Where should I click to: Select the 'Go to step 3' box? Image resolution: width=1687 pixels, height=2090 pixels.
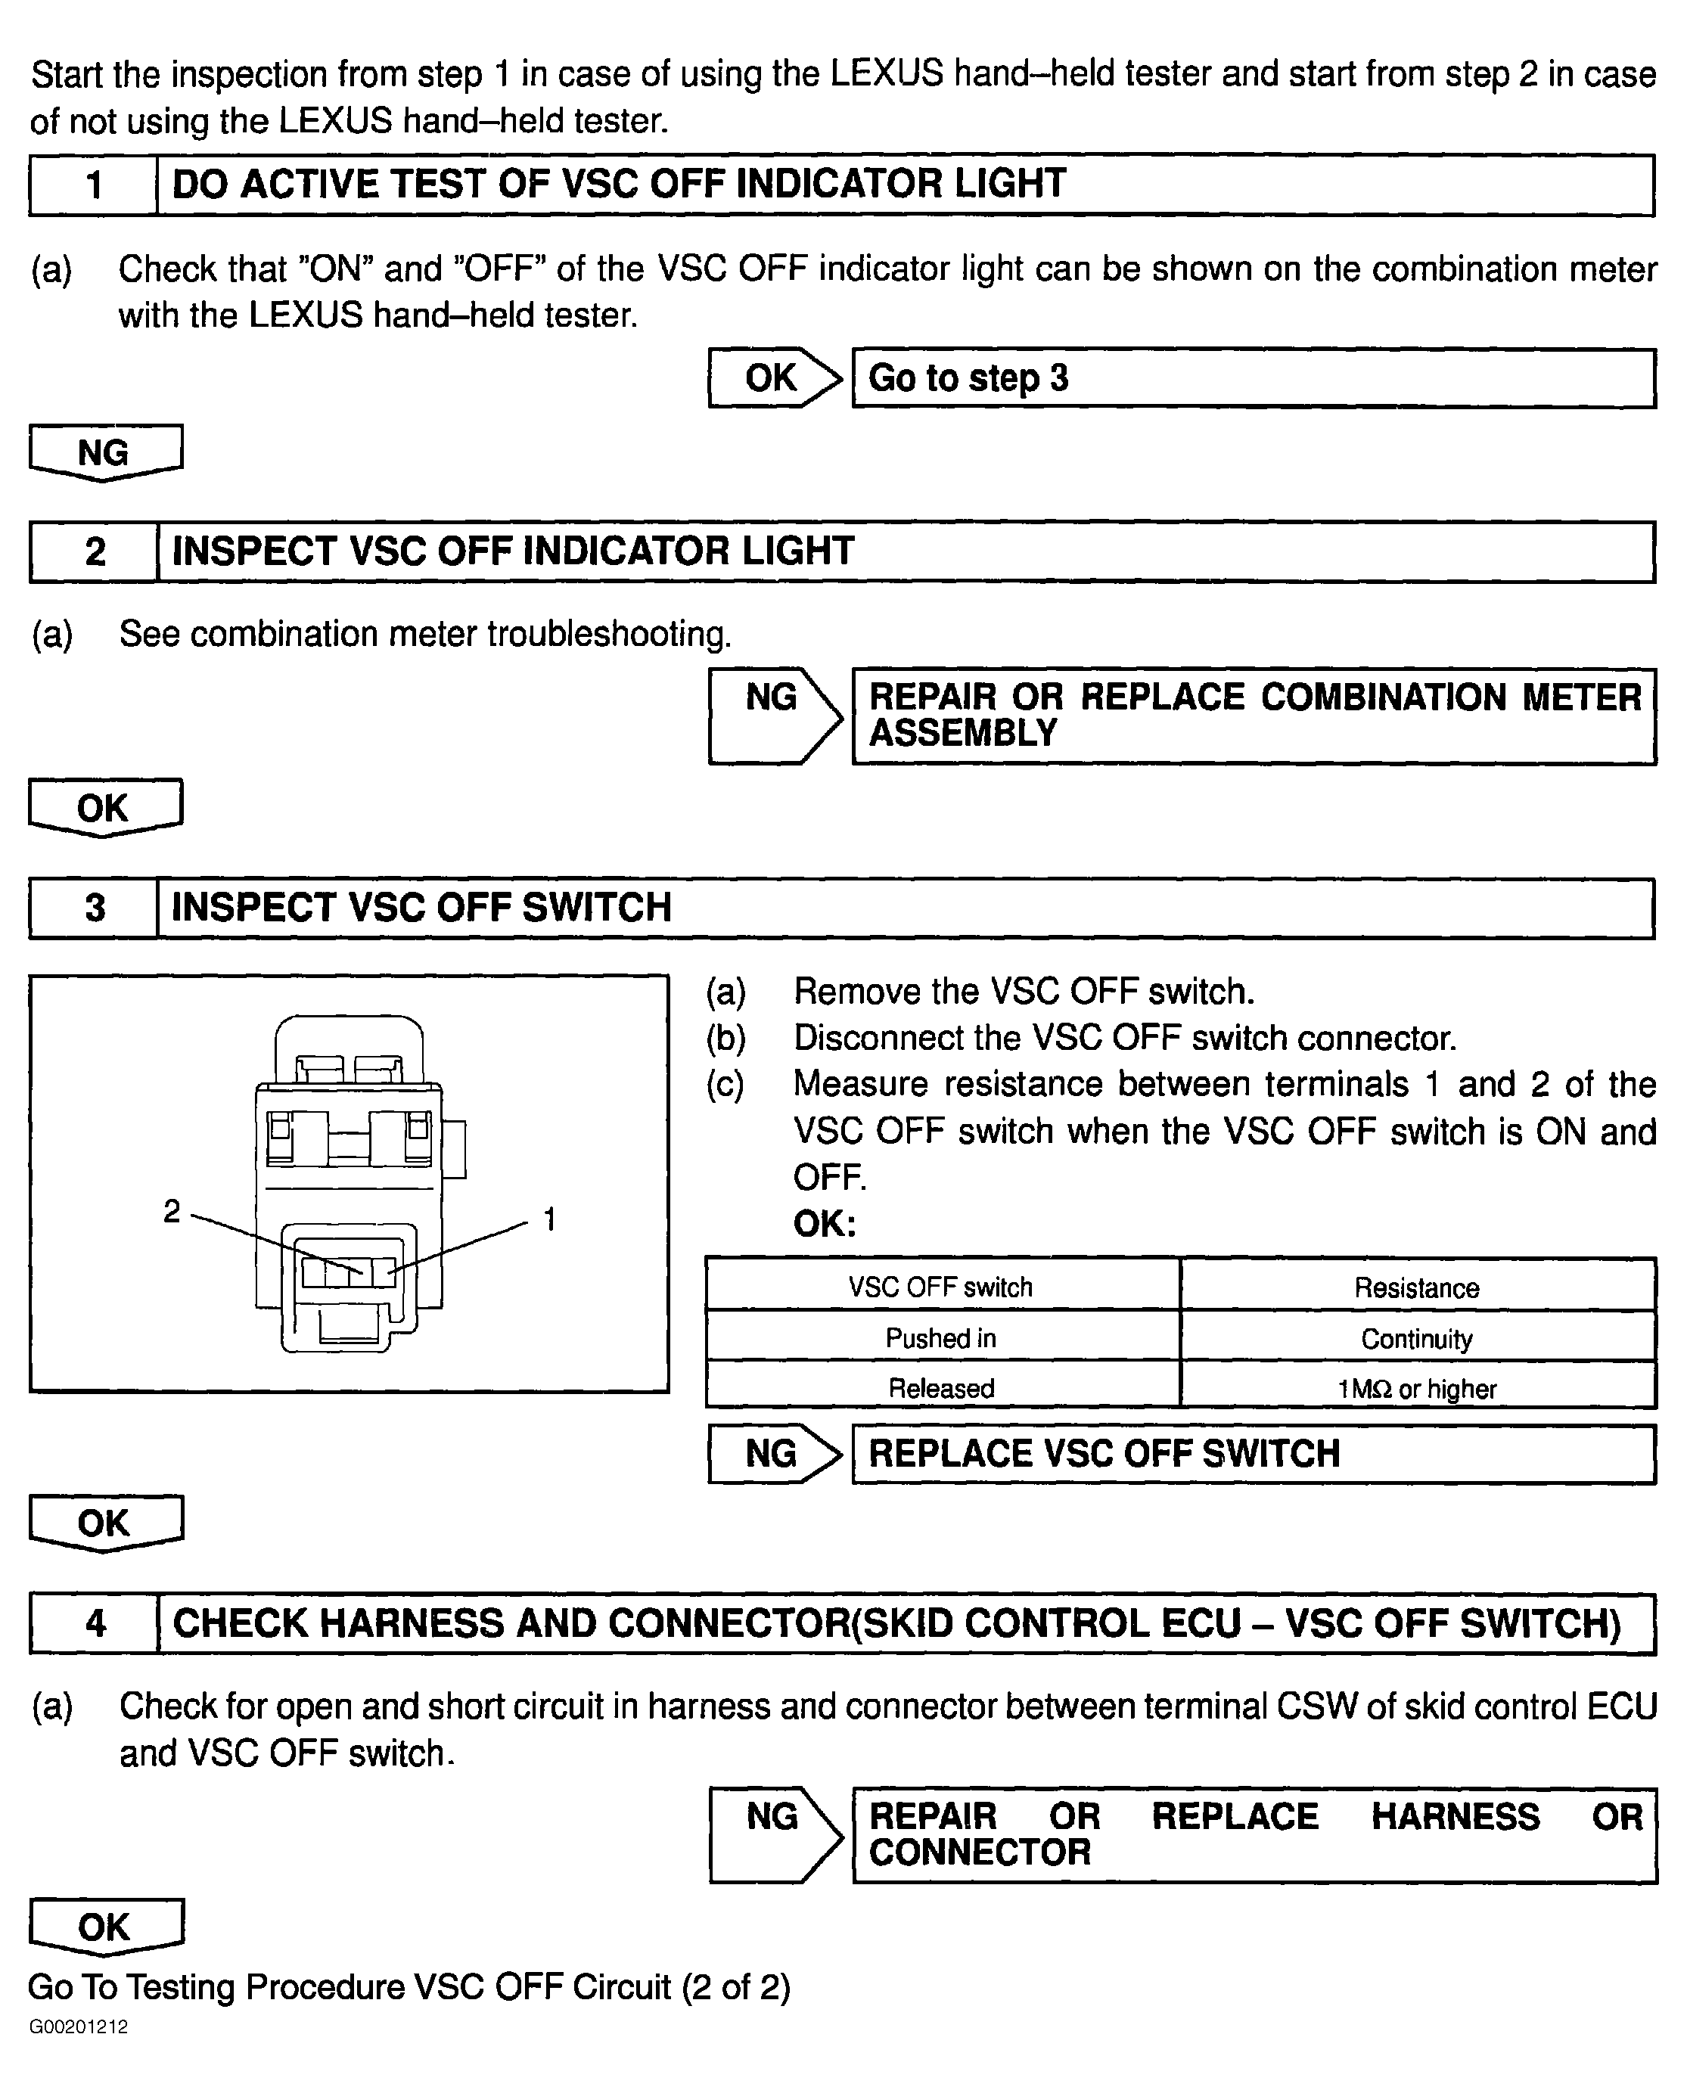point(1253,378)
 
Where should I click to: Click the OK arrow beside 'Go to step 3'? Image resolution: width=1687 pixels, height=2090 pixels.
point(774,378)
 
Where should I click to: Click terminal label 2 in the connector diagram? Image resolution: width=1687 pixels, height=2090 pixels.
point(172,1211)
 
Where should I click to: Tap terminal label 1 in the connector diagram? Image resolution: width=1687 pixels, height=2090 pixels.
point(549,1219)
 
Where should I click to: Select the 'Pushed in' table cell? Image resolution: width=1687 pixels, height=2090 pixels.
point(940,1338)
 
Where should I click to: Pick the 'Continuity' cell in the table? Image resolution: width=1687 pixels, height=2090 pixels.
point(1416,1338)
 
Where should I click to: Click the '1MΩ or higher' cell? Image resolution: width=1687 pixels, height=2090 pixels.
point(1416,1389)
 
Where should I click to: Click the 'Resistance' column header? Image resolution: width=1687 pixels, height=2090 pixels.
point(1416,1287)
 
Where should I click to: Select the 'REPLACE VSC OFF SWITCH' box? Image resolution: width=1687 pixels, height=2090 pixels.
point(1253,1454)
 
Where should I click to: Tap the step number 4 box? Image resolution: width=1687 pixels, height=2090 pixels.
point(95,1623)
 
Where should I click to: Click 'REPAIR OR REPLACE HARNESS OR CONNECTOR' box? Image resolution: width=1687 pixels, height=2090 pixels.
point(1254,1834)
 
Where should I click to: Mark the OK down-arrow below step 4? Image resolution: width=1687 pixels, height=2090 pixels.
point(105,1926)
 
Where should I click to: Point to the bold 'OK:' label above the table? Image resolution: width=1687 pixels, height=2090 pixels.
point(824,1223)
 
